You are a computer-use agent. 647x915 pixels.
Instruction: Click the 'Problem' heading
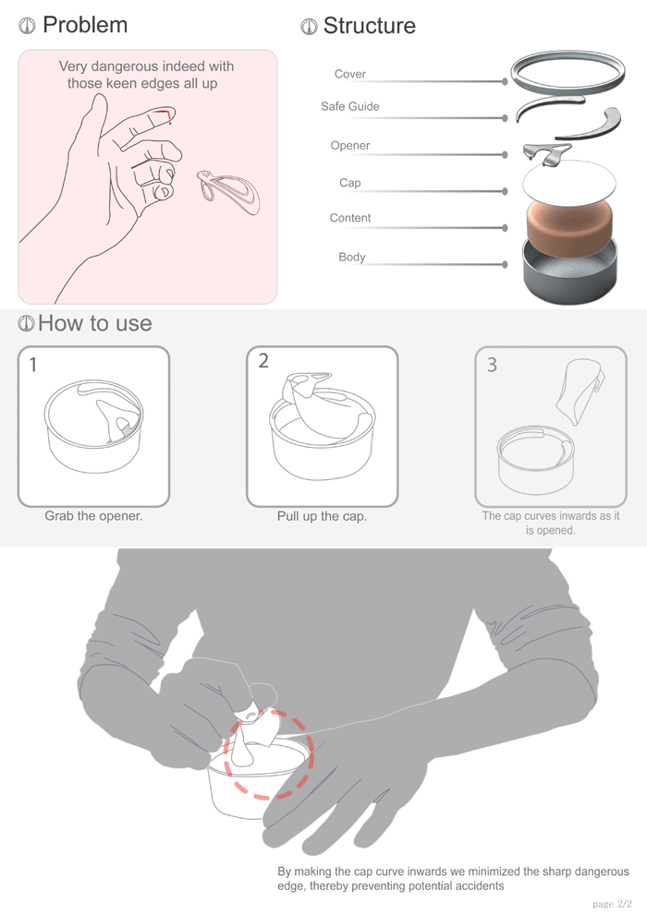[85, 25]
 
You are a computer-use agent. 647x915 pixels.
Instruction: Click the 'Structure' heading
[369, 26]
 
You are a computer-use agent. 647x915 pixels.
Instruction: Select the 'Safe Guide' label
[349, 106]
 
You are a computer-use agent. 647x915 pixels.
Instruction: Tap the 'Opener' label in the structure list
[349, 146]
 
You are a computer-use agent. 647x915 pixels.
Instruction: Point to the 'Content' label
[349, 218]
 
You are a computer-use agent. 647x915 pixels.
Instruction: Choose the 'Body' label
[351, 257]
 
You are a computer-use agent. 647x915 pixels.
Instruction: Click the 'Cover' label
[349, 74]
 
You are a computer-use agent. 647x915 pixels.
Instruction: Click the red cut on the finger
[166, 114]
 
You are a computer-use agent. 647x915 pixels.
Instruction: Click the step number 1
[33, 365]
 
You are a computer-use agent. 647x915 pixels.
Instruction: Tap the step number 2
[263, 361]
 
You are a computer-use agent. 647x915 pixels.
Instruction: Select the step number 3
[491, 365]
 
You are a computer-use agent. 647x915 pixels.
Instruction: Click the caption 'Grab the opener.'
[93, 515]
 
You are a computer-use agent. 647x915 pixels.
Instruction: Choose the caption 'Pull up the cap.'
[322, 516]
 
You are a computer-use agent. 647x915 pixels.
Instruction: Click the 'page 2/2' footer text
[613, 903]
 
